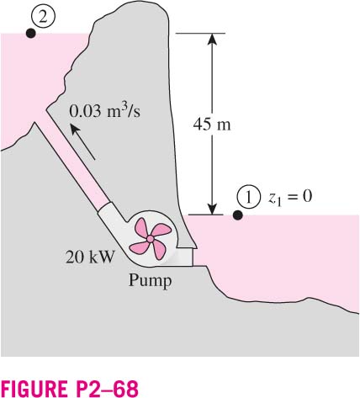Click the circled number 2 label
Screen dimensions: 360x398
pos(43,18)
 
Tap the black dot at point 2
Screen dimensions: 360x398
pos(30,34)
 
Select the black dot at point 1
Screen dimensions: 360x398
pos(238,215)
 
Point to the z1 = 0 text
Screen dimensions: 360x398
pos(289,197)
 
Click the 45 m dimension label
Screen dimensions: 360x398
pos(212,124)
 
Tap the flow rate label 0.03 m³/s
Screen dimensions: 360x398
pos(104,111)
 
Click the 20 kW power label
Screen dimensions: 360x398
pos(90,257)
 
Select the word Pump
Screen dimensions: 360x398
pos(150,280)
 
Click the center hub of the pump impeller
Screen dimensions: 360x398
pos(151,239)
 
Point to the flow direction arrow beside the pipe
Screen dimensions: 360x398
pos(82,142)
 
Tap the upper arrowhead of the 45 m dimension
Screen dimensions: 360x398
pos(212,39)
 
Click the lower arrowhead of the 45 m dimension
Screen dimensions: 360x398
pos(212,210)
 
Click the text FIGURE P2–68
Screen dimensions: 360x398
pos(70,389)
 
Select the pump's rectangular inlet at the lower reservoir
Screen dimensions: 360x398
pos(186,257)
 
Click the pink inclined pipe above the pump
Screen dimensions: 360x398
pos(75,162)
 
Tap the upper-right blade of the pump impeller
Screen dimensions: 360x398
pos(161,230)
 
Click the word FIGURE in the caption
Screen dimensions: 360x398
pos(34,389)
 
